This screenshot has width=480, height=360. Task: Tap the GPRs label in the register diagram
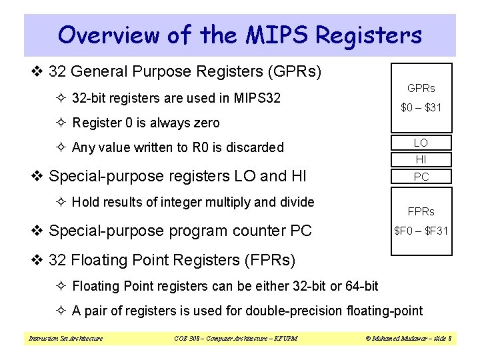421,88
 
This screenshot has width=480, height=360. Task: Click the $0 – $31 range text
421,108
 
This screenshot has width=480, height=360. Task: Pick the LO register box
421,143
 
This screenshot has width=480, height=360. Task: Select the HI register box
421,159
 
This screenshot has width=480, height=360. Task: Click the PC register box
421,177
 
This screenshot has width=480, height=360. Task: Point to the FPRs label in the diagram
421,211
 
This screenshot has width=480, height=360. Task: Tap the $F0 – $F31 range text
421,231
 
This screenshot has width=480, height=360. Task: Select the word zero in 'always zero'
205,123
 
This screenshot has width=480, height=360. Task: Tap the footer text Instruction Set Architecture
65,339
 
